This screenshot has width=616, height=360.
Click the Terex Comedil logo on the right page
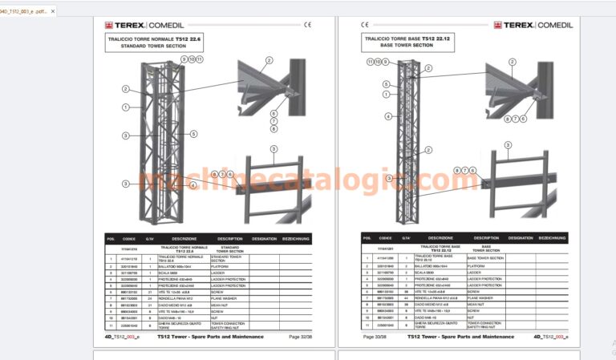coord(532,25)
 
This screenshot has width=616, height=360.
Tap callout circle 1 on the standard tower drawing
coord(126,107)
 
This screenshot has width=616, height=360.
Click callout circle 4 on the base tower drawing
coord(387,116)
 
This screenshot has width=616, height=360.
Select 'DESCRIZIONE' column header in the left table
coord(184,237)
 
